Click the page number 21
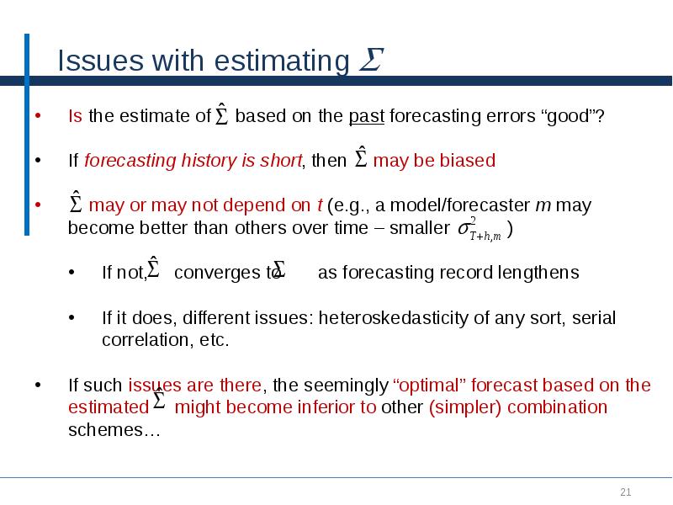click(625, 492)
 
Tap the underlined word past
click(366, 116)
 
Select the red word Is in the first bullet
click(75, 116)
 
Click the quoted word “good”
click(571, 116)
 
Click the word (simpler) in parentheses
click(464, 407)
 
